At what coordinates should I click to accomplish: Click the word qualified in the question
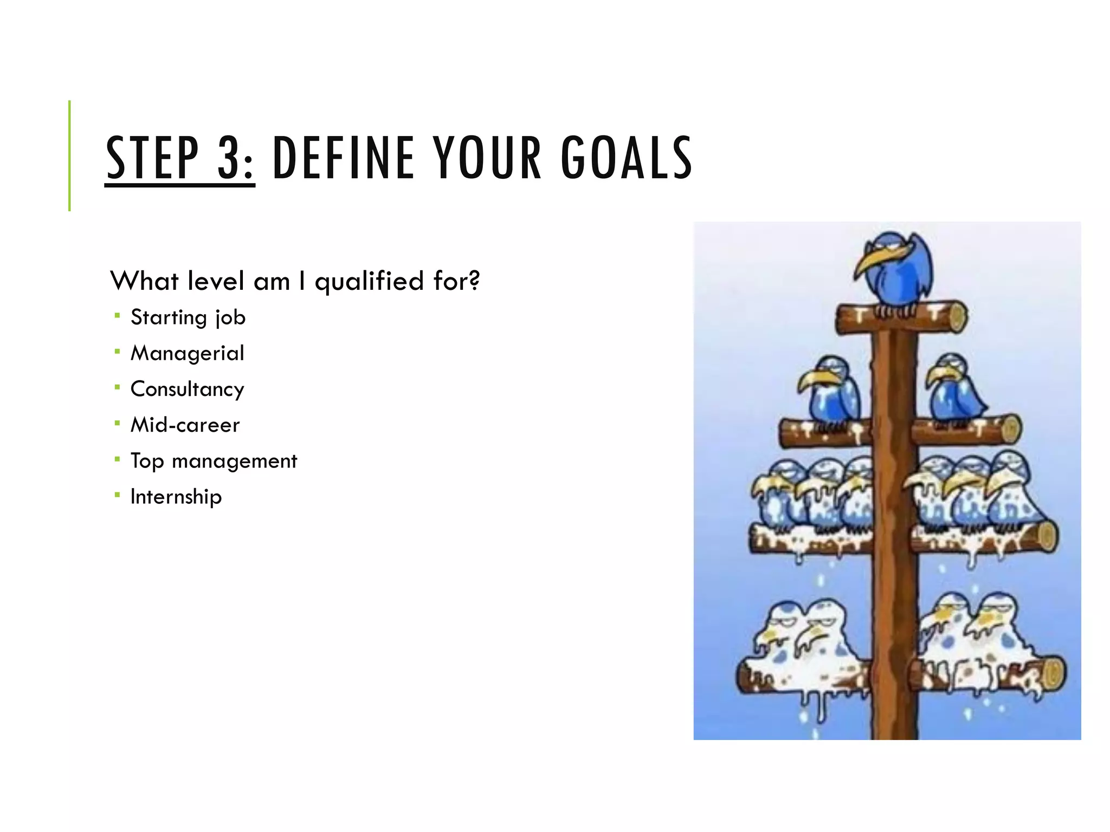369,282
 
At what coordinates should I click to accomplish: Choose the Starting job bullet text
188,317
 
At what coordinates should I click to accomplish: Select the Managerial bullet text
188,353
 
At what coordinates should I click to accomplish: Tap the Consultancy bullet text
188,389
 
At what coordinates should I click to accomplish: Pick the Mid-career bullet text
185,425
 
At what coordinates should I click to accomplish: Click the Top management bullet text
214,461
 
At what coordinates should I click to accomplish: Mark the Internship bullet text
176,497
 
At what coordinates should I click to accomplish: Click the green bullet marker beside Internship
117,495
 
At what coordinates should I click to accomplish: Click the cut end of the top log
957,317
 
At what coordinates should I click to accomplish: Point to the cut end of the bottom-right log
1054,674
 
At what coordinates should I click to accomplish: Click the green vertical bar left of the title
69,155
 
